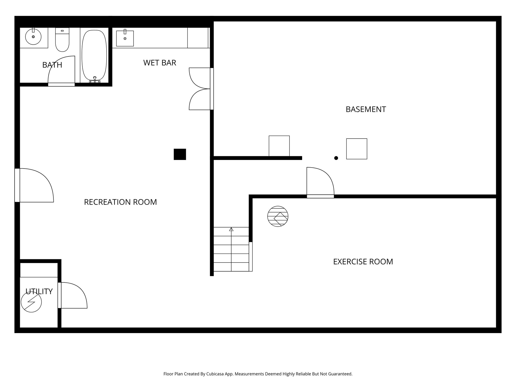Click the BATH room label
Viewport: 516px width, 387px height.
click(x=52, y=65)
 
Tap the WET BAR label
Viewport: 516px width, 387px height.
click(x=159, y=63)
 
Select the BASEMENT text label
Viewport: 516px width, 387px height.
click(x=366, y=109)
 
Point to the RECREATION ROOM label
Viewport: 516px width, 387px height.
click(x=120, y=202)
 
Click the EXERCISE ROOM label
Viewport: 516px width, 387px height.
click(x=363, y=262)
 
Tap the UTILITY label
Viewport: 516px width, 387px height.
click(x=39, y=292)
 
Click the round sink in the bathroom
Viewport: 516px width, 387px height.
click(x=33, y=37)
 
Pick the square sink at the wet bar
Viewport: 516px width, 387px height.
click(x=125, y=39)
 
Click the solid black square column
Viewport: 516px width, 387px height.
click(x=180, y=154)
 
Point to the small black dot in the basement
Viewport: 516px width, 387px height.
click(x=336, y=158)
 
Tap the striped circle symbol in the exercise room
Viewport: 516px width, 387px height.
click(x=278, y=216)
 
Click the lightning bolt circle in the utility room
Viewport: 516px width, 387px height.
click(x=31, y=302)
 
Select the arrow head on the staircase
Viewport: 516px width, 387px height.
click(x=231, y=229)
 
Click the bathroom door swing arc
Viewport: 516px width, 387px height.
click(x=62, y=70)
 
